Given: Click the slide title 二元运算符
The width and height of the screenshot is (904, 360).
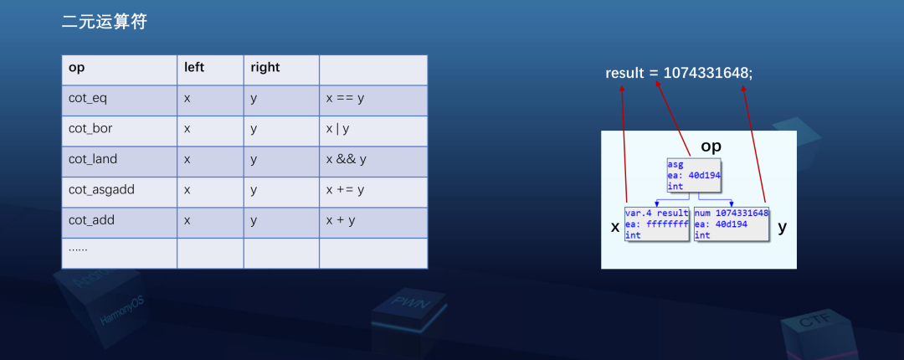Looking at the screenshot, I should coord(104,23).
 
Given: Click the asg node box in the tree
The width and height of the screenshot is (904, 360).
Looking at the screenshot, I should coord(694,175).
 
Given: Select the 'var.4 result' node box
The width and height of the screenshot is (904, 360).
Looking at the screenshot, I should coord(657,224).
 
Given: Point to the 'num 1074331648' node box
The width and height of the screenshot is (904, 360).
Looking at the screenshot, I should coord(731,224).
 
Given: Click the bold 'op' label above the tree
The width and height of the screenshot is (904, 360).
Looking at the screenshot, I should coord(711,147).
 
